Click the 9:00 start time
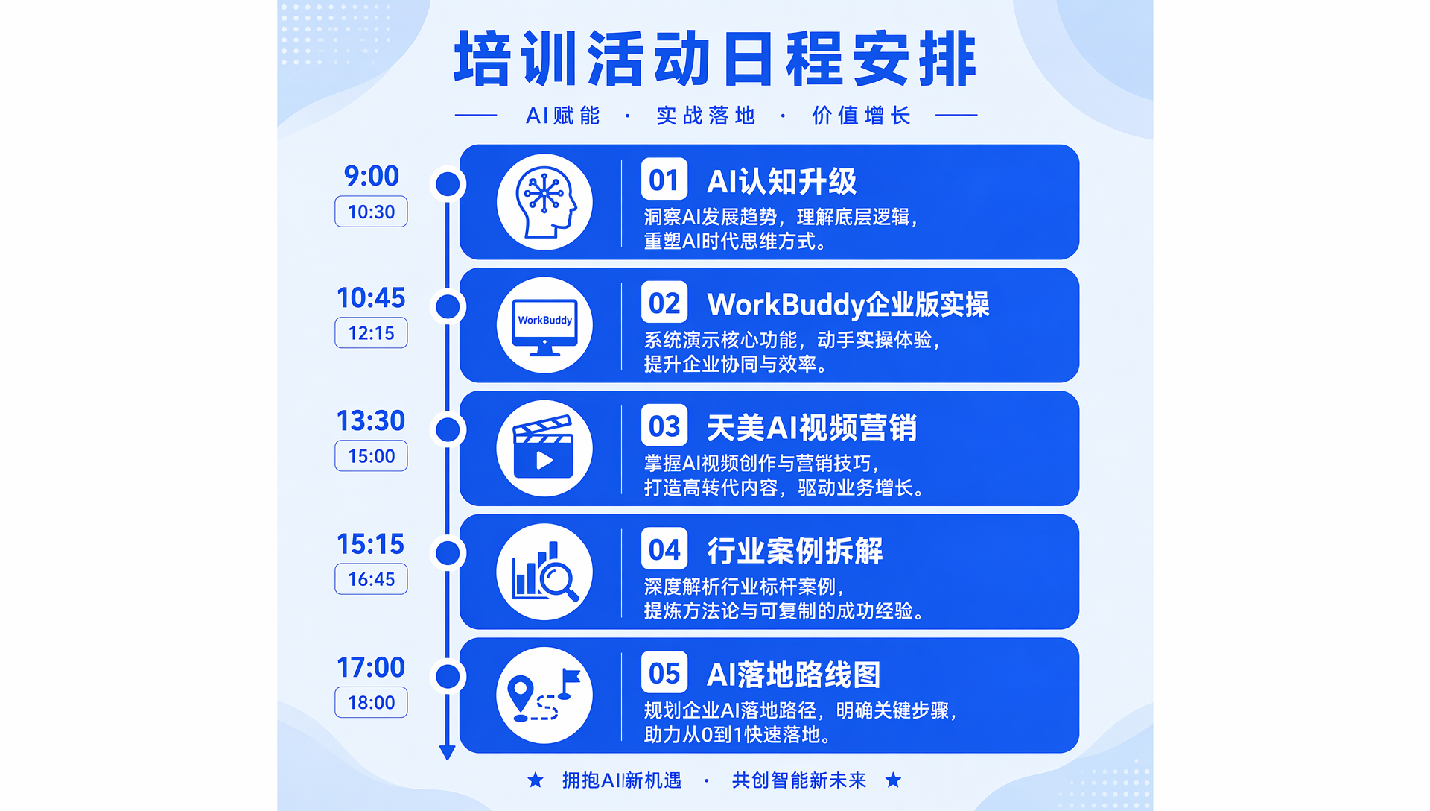tap(371, 176)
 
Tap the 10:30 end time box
tap(371, 212)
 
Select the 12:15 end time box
tap(371, 333)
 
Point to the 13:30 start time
tap(371, 421)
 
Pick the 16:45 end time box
tap(371, 579)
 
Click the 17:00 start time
tap(371, 667)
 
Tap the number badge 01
tap(664, 179)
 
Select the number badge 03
tap(664, 426)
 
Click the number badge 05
tap(664, 672)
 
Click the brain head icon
tap(544, 202)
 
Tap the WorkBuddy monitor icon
tap(544, 326)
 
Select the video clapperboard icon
tap(544, 449)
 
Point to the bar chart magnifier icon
tap(544, 572)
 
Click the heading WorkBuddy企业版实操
tap(848, 304)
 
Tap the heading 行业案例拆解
tap(795, 551)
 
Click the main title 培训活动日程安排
tap(715, 58)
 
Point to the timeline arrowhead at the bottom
tap(447, 753)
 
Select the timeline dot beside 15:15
tap(448, 553)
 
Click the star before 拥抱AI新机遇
tap(535, 780)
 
